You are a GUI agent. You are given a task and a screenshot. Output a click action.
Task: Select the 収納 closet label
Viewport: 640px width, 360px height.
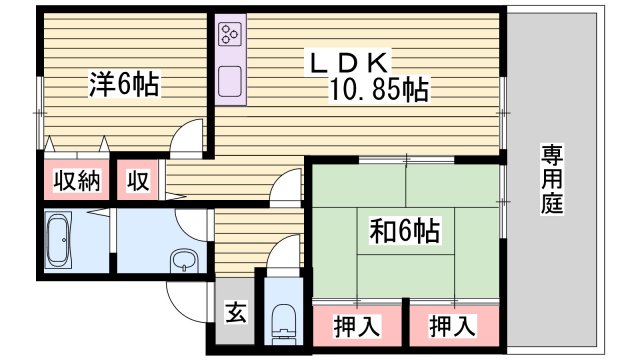(75, 181)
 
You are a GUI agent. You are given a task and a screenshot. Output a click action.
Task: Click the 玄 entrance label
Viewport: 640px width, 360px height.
(235, 313)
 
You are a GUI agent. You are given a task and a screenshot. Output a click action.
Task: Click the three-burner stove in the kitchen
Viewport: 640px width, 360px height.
(229, 35)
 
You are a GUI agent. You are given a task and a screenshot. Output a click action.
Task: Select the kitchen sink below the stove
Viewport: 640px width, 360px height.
(229, 81)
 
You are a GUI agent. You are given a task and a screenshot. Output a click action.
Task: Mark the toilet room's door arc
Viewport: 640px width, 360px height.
(285, 250)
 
